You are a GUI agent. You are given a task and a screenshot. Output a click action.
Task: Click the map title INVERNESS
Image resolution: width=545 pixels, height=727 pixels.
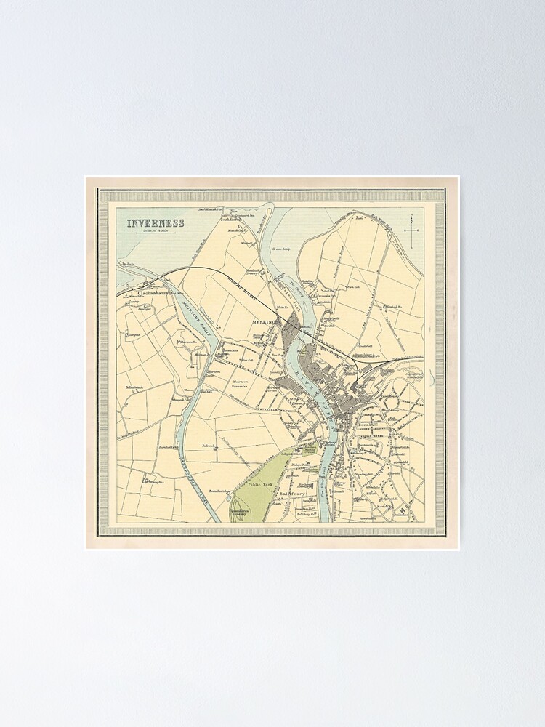click(x=156, y=223)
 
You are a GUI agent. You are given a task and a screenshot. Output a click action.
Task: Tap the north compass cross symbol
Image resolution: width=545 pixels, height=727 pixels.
click(x=412, y=230)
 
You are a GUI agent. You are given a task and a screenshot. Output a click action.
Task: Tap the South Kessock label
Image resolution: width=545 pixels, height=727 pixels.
click(x=237, y=218)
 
